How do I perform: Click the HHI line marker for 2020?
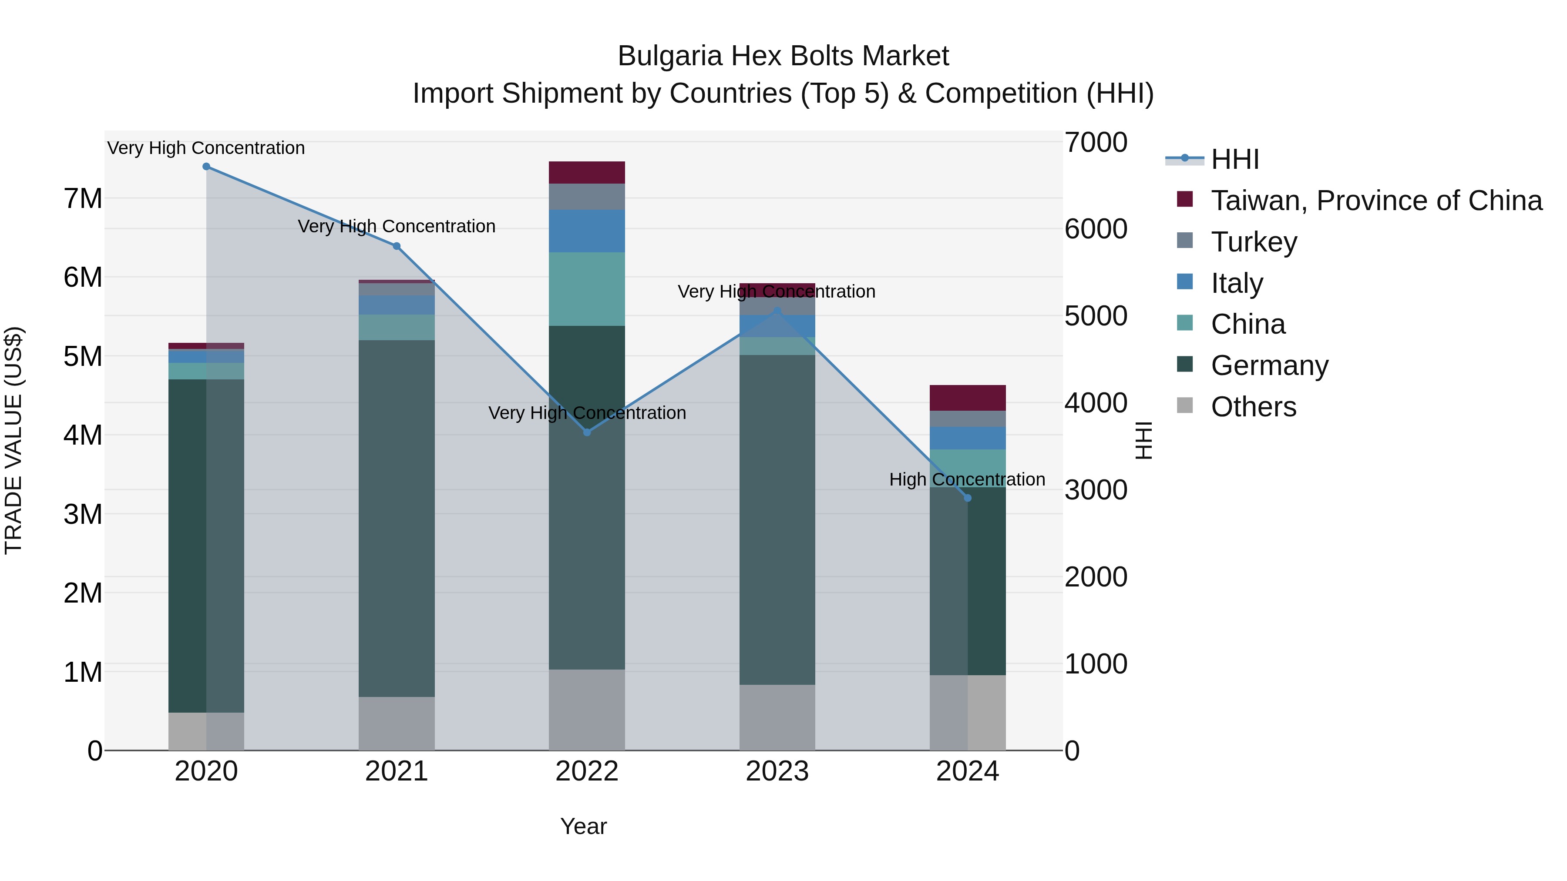pos(206,167)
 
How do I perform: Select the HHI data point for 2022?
pos(587,432)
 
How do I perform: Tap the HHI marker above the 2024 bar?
pos(968,498)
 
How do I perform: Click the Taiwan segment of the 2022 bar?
pos(587,173)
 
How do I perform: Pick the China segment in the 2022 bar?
pos(587,289)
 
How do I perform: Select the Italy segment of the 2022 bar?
pos(587,231)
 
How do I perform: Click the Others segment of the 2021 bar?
pos(397,724)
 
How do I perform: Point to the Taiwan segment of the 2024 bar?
pos(968,398)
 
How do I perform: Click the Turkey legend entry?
pos(1254,242)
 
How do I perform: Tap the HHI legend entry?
pos(1234,159)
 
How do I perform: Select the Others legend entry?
pos(1253,407)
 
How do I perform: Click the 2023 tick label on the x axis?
pos(777,771)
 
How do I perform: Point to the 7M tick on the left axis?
pos(83,199)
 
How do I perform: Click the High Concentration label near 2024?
pos(967,480)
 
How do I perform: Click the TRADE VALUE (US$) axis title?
pos(13,440)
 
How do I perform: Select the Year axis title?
pos(583,826)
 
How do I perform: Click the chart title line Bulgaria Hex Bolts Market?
pos(783,56)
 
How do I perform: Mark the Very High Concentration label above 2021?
pos(397,226)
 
